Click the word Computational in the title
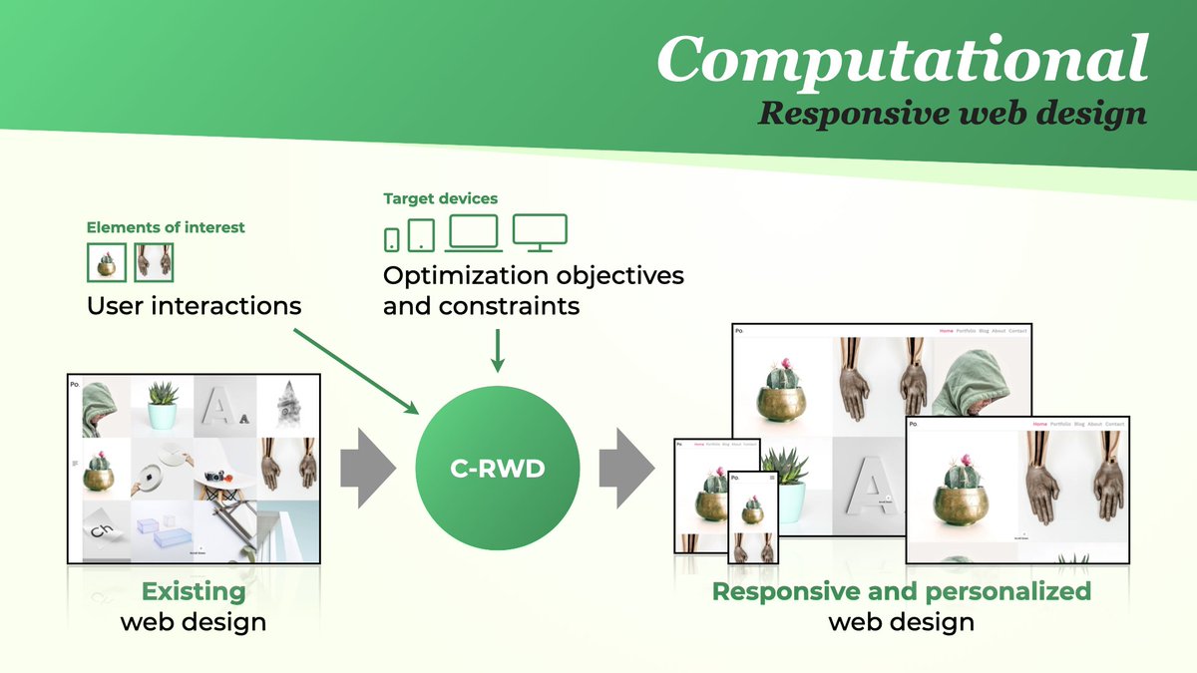click(x=902, y=59)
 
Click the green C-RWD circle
click(x=495, y=467)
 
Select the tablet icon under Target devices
click(x=422, y=235)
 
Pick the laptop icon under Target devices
click(x=475, y=233)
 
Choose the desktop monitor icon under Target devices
click(x=540, y=231)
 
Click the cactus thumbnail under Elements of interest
click(x=107, y=262)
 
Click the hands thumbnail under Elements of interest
click(x=154, y=262)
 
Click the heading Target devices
click(x=440, y=198)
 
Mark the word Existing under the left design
click(x=194, y=591)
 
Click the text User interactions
click(x=194, y=305)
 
